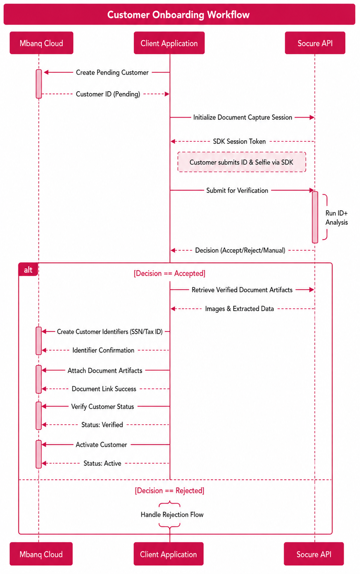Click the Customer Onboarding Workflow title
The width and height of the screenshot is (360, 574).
[178, 14]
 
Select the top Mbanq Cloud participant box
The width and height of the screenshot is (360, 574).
[42, 43]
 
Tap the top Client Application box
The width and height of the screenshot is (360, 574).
[169, 43]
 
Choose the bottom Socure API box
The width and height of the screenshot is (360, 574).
[314, 554]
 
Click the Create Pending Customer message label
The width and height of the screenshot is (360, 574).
[112, 72]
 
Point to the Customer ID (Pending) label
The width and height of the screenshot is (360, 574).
[108, 94]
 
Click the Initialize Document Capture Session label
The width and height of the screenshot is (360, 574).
[243, 117]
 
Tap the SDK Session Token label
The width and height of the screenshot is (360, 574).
[239, 141]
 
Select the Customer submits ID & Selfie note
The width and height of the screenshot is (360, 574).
[242, 162]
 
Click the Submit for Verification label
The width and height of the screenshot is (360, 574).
[237, 190]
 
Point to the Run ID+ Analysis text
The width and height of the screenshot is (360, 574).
[336, 217]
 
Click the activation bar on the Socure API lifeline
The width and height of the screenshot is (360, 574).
[315, 217]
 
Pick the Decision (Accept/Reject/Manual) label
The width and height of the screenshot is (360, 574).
[240, 250]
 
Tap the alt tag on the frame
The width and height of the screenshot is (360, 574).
[28, 270]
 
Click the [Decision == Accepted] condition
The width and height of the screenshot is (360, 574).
[170, 274]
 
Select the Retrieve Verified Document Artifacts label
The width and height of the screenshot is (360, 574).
[242, 290]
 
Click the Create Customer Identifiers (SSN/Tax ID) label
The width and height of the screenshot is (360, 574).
[110, 332]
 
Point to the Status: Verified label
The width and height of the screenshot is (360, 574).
[102, 425]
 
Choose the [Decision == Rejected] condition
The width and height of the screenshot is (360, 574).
[170, 490]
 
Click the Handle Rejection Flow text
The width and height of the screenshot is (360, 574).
[172, 515]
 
